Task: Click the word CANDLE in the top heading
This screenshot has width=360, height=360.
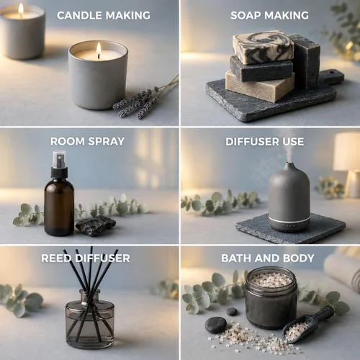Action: click(x=80, y=16)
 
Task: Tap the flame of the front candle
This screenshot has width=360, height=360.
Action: click(x=99, y=49)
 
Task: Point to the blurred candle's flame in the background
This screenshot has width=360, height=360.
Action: click(x=21, y=9)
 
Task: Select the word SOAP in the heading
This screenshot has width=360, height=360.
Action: click(x=246, y=16)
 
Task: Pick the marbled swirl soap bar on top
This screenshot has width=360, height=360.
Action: click(x=264, y=47)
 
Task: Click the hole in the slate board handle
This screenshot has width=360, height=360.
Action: click(x=333, y=72)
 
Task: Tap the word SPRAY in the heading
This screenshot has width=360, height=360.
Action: click(x=106, y=141)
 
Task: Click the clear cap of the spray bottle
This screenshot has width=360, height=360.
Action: click(x=59, y=159)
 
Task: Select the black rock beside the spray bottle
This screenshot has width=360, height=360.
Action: click(x=96, y=225)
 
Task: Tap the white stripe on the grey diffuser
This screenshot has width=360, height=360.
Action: click(x=289, y=220)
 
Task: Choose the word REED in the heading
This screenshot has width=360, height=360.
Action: click(x=56, y=258)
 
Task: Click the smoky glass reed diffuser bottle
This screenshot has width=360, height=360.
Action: click(x=90, y=319)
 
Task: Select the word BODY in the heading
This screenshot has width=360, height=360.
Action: click(x=299, y=258)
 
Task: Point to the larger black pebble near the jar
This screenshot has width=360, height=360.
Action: click(x=215, y=325)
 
